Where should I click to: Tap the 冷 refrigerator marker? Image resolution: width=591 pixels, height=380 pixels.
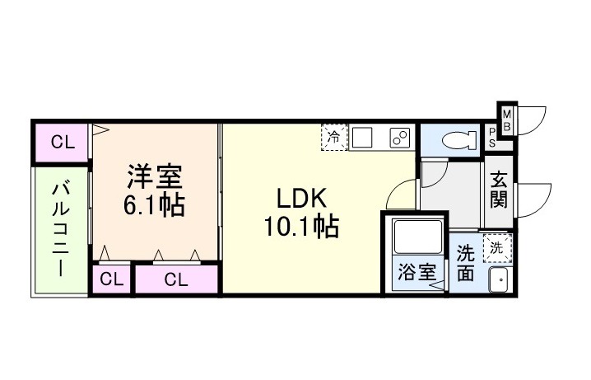point(334,137)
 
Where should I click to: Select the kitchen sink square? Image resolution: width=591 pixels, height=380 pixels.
point(363,138)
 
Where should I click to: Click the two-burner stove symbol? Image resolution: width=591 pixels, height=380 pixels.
point(400,138)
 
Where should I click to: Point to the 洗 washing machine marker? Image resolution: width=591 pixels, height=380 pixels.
point(496,246)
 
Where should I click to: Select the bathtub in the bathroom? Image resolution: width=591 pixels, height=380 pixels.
point(419,238)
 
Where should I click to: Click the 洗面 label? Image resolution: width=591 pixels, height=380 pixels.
point(465,262)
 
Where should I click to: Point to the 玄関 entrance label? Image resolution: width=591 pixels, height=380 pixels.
point(499,190)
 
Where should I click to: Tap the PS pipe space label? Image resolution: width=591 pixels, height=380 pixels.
point(491,137)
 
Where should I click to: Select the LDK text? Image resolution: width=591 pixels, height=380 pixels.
point(301,199)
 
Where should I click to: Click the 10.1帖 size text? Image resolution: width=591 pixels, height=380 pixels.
point(301,226)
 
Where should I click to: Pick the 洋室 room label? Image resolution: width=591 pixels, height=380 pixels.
point(154,177)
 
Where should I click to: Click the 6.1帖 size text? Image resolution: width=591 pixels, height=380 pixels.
point(154,205)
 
